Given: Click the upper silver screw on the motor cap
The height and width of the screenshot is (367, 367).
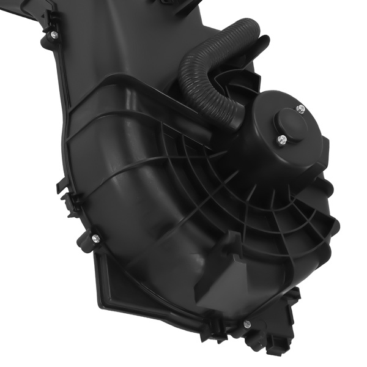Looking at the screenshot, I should click(x=300, y=109).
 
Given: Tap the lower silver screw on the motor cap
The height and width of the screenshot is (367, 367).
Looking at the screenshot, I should click(x=280, y=139).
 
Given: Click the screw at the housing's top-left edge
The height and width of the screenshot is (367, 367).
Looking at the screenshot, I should click(x=53, y=34).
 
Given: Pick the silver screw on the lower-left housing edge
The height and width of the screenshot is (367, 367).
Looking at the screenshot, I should click(x=95, y=237).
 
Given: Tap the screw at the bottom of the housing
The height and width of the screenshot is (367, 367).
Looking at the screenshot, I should click(x=247, y=324).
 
